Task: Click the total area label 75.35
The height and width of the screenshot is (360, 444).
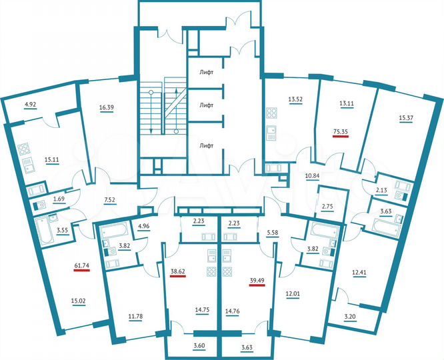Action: pyautogui.click(x=340, y=132)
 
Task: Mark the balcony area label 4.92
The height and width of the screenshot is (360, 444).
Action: pyautogui.click(x=31, y=105)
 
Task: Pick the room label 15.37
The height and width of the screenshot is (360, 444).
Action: pyautogui.click(x=407, y=119)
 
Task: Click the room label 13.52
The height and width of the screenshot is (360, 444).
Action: pyautogui.click(x=295, y=101)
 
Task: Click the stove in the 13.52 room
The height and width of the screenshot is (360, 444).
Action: pyautogui.click(x=272, y=113)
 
